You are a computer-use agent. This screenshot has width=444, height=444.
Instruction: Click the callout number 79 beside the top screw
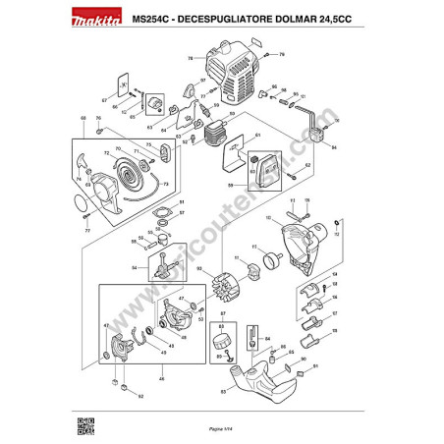click(x=281, y=54)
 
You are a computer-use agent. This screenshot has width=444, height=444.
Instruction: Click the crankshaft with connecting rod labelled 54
click(x=158, y=264)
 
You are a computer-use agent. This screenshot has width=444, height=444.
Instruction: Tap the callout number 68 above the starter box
click(x=83, y=118)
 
